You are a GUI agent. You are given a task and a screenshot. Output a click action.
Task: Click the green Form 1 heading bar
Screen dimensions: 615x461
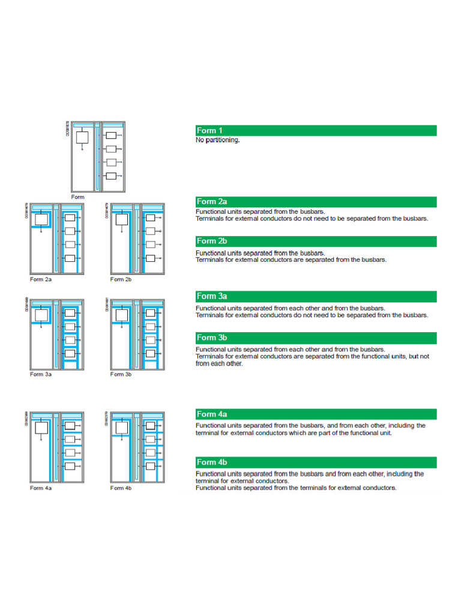click(x=316, y=130)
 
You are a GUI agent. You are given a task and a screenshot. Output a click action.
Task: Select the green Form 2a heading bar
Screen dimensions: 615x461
click(x=316, y=202)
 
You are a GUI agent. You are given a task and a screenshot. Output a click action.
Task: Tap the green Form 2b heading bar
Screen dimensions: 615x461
click(x=316, y=241)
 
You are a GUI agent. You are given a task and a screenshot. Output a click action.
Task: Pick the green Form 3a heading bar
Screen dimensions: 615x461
click(x=316, y=296)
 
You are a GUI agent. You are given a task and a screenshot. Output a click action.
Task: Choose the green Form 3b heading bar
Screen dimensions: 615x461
click(x=316, y=338)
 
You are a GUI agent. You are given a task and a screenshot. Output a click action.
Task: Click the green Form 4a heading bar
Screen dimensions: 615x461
click(x=316, y=414)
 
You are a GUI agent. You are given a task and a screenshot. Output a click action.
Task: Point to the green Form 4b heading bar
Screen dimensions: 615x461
click(x=316, y=462)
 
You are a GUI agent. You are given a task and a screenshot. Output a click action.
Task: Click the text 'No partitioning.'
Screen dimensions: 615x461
click(x=218, y=141)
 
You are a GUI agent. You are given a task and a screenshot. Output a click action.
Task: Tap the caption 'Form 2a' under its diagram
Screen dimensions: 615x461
click(x=41, y=279)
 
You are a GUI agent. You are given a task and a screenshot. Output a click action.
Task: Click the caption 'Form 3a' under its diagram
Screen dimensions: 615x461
click(x=41, y=374)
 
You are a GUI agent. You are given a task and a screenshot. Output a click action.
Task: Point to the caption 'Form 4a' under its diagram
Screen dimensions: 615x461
click(x=41, y=488)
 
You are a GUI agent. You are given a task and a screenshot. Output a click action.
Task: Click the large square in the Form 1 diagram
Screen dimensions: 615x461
click(x=82, y=138)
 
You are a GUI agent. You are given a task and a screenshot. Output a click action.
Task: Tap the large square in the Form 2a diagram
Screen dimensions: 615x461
click(x=41, y=219)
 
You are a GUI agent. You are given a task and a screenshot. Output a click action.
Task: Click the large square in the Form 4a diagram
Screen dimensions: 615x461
click(x=41, y=428)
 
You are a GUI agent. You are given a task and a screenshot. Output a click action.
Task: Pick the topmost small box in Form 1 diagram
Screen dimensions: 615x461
click(x=110, y=136)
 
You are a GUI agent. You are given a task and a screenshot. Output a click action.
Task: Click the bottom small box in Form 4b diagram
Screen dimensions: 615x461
click(x=151, y=466)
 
